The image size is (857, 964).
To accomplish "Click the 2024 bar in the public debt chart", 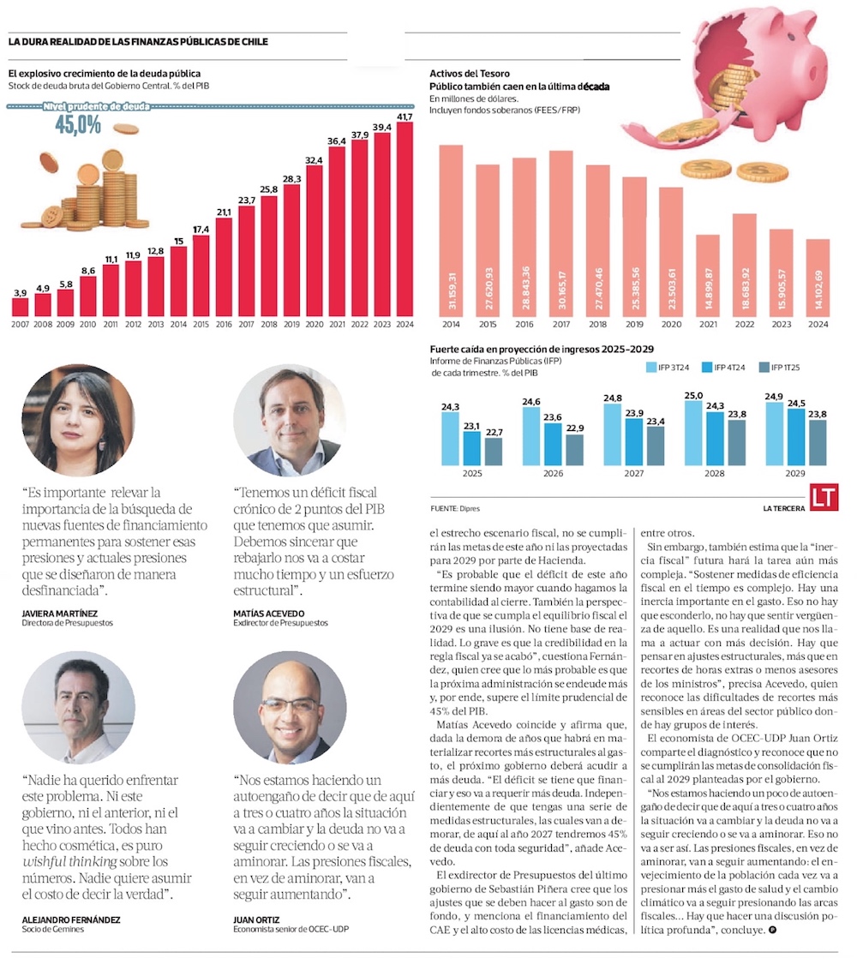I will tap(405, 219).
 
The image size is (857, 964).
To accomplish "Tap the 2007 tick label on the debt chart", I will tap(20, 325).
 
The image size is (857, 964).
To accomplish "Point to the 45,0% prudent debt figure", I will tap(78, 125).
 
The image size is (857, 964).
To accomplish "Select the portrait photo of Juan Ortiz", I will tap(290, 706).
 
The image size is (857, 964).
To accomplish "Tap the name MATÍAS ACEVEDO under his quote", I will tap(268, 614).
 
